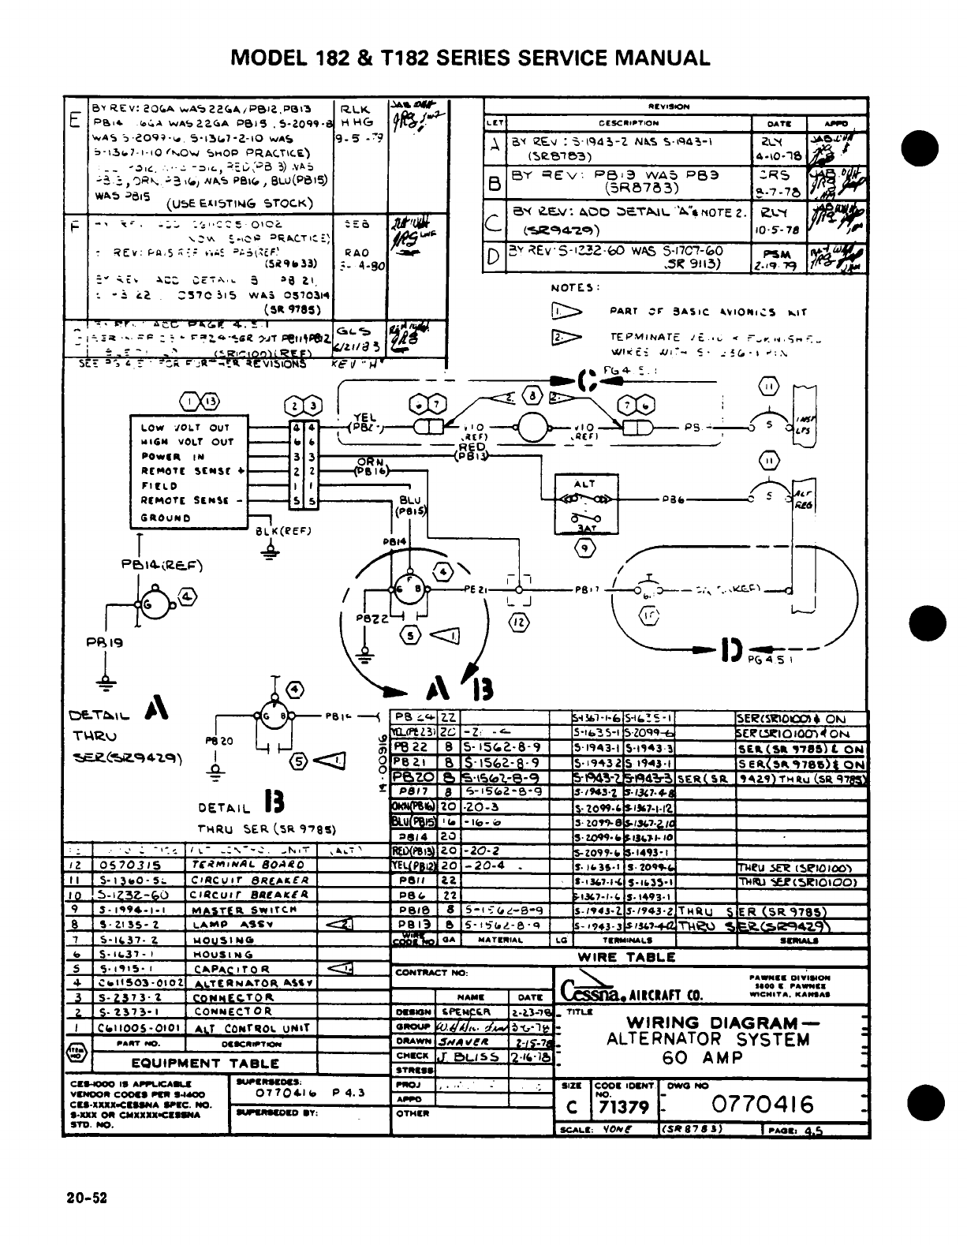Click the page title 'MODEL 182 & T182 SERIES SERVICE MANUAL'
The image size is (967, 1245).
point(469,58)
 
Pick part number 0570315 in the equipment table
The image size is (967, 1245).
point(127,864)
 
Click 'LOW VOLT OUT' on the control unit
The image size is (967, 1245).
point(185,428)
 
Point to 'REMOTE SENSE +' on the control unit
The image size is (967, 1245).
point(192,471)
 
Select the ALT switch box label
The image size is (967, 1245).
point(584,483)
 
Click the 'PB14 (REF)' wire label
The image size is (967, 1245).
point(162,565)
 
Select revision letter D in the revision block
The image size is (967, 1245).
point(493,257)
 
